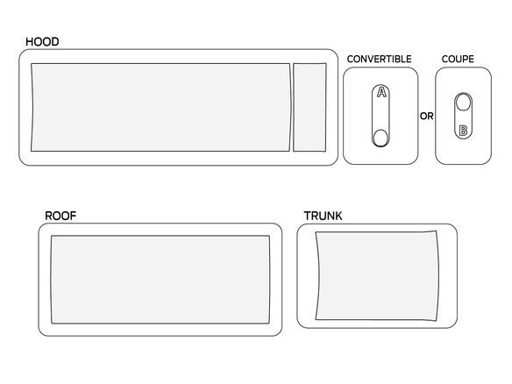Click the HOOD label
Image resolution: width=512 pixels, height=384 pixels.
(x=42, y=42)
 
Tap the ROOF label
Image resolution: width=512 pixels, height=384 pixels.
(x=60, y=216)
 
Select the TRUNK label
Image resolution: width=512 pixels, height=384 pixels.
(x=323, y=216)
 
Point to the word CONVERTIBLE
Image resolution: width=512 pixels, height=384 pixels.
(x=379, y=59)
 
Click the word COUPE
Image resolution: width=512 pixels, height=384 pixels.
(x=458, y=59)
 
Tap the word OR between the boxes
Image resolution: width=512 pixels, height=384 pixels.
(x=426, y=117)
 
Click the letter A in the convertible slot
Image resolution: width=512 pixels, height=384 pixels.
(x=381, y=92)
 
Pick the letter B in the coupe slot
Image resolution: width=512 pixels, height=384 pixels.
(x=463, y=131)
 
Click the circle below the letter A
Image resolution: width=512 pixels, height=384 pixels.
(x=380, y=138)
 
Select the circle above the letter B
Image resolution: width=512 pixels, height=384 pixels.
(x=463, y=103)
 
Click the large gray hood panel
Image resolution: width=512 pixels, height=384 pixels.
(x=160, y=108)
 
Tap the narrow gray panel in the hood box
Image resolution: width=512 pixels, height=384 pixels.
(x=309, y=108)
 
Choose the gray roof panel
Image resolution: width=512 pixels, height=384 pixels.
(x=160, y=280)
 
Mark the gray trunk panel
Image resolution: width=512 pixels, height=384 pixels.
(x=377, y=276)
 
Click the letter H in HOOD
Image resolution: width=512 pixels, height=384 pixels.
(x=30, y=42)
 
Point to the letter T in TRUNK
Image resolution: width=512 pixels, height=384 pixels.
(x=307, y=216)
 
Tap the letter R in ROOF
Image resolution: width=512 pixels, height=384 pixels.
(x=48, y=216)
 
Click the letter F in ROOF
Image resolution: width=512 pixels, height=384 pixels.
(x=73, y=216)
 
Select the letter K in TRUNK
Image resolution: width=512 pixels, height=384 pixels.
(x=338, y=216)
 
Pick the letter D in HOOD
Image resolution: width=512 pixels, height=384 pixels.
(x=55, y=42)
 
